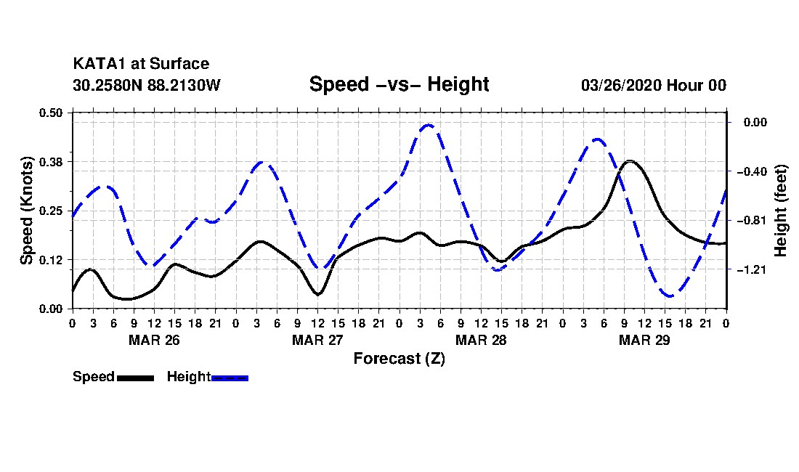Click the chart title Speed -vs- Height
[399, 84]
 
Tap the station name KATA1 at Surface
[141, 64]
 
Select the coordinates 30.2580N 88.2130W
[147, 85]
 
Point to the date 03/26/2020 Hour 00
[654, 85]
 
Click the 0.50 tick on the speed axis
[50, 113]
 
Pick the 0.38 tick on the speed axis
[50, 162]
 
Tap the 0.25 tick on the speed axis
[50, 211]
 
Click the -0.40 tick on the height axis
[752, 171]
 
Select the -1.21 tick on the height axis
[752, 270]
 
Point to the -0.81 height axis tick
[752, 221]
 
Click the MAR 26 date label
[155, 340]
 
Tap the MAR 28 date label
[481, 340]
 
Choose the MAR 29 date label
[644, 340]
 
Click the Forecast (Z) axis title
[399, 359]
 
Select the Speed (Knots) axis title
[26, 211]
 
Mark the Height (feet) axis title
[780, 211]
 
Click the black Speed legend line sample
[136, 378]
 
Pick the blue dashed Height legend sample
[230, 378]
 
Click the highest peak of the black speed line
[630, 161]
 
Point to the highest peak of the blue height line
[429, 125]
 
